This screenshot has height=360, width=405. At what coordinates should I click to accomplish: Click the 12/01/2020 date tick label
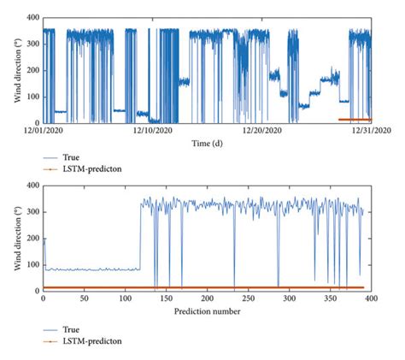43,130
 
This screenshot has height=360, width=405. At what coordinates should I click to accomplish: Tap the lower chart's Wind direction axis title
16,238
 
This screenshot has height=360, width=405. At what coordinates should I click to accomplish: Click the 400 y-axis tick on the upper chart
32,17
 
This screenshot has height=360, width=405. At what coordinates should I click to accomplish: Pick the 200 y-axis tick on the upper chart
32,70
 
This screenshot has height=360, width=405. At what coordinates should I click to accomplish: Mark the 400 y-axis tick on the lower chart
32,185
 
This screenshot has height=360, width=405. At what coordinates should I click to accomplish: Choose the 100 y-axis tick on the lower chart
32,264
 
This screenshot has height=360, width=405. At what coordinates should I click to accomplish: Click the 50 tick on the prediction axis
84,300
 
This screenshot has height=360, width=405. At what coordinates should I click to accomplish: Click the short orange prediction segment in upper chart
355,120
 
